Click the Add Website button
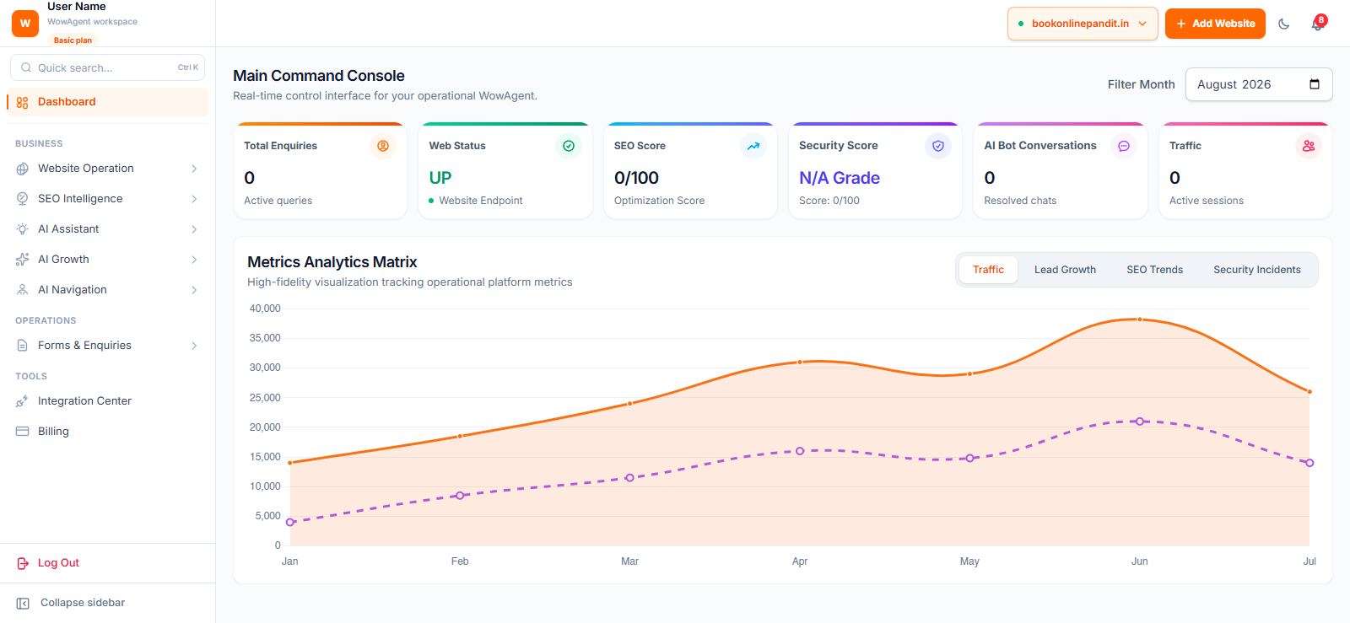coord(1214,24)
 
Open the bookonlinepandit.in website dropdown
coord(1083,24)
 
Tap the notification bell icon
coord(1317,24)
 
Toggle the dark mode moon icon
coord(1283,24)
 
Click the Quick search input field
coord(107,67)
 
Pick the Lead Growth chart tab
coord(1065,270)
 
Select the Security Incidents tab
coord(1256,270)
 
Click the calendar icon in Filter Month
coord(1315,84)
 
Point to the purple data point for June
coord(1140,422)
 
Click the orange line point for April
coord(800,363)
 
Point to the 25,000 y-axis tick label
coord(265,397)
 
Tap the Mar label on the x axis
coord(629,561)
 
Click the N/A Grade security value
coord(840,178)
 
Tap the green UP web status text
coord(440,178)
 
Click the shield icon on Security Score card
coord(937,146)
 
